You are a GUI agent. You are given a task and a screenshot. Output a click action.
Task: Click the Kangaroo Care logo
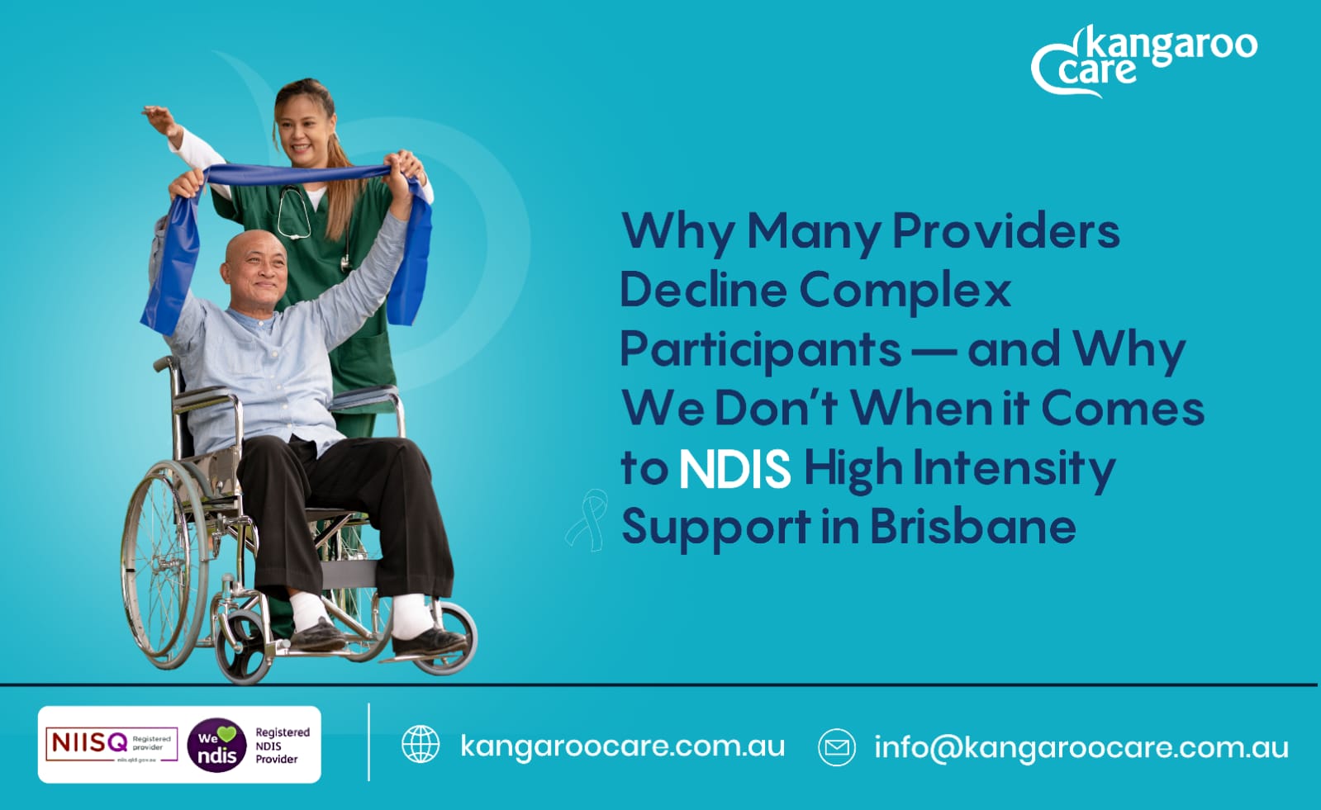point(1143,59)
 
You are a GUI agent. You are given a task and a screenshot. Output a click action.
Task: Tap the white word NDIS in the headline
point(734,469)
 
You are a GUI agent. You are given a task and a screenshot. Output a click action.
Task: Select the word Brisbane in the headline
point(972,527)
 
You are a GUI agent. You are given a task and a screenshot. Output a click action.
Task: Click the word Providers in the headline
point(1005,230)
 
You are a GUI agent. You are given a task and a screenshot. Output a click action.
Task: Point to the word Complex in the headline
point(905,290)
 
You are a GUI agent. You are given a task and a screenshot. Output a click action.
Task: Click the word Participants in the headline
point(760,349)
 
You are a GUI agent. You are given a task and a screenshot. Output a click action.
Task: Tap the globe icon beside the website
point(421,745)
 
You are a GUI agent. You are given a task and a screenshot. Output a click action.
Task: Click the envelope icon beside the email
point(836,746)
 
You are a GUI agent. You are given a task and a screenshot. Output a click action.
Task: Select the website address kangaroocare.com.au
point(622,746)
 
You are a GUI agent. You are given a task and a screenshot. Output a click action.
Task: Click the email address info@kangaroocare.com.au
point(1081,747)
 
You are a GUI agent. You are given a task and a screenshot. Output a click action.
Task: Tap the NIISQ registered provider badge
point(111,744)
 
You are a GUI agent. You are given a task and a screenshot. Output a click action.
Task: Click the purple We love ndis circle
point(216,745)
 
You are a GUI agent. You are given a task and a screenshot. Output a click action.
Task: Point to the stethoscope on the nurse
point(296,215)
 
